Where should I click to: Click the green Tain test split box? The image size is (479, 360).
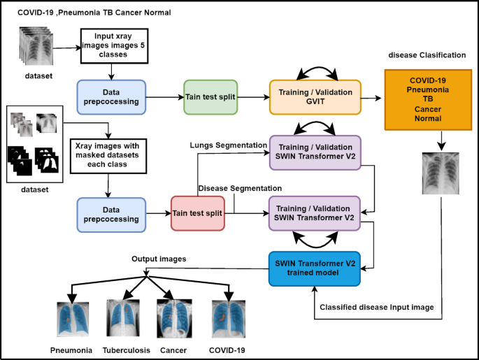tap(210, 96)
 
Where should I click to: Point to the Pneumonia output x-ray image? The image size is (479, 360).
tap(71, 318)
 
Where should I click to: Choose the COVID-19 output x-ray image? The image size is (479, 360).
tap(229, 318)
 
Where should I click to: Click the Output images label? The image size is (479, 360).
tap(159, 259)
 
